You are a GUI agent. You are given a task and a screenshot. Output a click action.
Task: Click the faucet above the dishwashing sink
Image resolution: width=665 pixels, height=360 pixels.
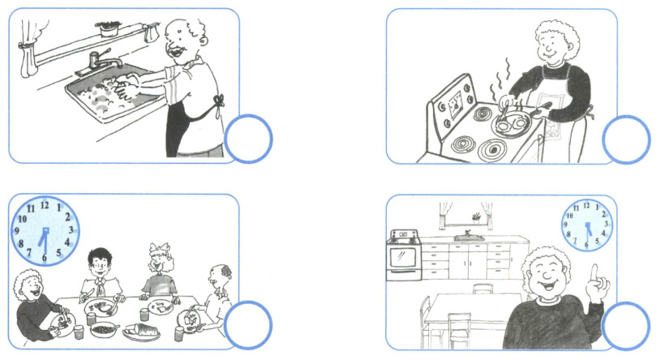[100, 62]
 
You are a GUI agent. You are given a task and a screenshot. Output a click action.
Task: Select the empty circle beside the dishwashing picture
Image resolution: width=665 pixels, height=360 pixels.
[248, 139]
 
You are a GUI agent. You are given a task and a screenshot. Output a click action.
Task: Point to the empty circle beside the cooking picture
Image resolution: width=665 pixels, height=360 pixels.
[626, 139]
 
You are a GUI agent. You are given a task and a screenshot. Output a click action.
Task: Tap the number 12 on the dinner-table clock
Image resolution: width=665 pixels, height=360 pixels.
[45, 206]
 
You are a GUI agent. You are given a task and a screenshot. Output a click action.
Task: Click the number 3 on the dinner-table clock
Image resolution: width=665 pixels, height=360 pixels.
[71, 230]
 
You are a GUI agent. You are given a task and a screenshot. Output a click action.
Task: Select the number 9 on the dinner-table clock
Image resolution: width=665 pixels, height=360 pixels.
[17, 231]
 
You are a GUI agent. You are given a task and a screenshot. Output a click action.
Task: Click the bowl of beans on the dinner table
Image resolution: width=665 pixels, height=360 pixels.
[103, 329]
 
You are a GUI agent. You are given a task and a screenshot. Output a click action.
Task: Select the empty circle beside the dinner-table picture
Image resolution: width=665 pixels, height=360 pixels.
[247, 325]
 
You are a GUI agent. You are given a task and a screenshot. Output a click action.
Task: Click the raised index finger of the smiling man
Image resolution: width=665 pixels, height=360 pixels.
[594, 275]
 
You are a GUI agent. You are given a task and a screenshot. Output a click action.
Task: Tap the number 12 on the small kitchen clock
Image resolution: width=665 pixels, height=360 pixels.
[586, 206]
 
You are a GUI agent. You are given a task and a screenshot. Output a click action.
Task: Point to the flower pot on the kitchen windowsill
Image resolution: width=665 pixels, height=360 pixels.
[477, 218]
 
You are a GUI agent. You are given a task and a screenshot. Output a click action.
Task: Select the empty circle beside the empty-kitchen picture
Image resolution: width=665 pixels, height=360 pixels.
[625, 326]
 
